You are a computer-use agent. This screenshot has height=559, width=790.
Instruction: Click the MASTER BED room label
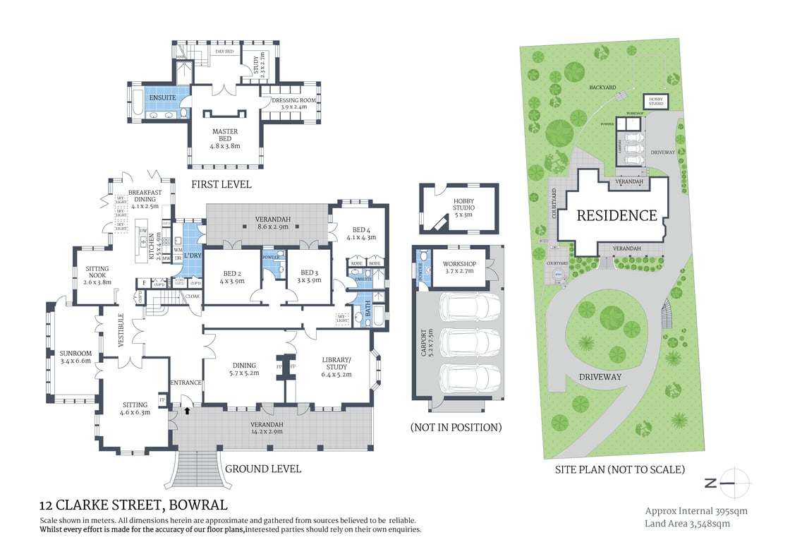tap(225, 138)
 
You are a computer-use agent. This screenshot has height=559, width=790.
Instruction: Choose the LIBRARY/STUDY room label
tap(336, 363)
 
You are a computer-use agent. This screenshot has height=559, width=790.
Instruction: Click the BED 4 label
tap(360, 234)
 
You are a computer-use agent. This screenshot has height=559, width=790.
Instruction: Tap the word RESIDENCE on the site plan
tap(616, 216)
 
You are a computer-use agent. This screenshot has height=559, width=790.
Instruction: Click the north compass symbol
tap(734, 483)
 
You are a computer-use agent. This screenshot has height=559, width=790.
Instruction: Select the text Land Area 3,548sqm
tap(687, 524)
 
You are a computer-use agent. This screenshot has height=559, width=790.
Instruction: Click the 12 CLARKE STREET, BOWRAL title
tap(133, 505)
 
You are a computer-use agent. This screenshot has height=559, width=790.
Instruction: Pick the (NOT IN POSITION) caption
tap(456, 427)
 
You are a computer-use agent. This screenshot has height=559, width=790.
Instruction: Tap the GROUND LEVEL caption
tap(262, 469)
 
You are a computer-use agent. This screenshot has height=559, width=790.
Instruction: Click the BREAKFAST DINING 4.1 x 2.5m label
tap(145, 199)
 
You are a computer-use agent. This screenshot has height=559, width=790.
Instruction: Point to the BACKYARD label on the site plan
tap(602, 87)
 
